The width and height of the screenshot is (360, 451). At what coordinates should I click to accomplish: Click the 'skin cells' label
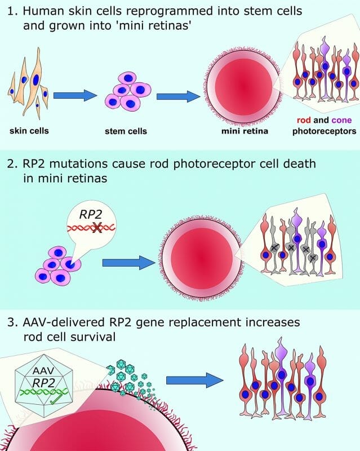coord(29,131)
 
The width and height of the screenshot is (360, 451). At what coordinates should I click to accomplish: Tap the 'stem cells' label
coord(126,131)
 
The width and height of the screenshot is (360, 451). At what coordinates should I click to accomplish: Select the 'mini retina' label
coord(245,131)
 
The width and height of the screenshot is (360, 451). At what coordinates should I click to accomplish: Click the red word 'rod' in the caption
coord(304,120)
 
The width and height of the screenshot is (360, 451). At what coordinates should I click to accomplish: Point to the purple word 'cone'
coord(341,120)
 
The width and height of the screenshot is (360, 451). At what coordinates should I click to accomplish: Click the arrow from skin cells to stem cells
coord(75,95)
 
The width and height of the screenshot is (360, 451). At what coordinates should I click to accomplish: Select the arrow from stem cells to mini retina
coord(178,96)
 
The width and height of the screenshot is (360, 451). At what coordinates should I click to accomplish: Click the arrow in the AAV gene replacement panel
coord(195,380)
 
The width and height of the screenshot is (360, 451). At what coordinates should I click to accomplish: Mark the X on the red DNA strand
coord(97,228)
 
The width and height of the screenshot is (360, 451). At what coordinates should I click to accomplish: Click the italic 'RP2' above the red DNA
coord(91,215)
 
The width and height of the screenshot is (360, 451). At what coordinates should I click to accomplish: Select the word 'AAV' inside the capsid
coord(43,370)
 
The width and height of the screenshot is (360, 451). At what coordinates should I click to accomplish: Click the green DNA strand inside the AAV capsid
coord(43,392)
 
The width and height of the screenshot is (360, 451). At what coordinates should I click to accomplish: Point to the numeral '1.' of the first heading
coord(12,11)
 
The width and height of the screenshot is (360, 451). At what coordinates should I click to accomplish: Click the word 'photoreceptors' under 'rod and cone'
coord(325,131)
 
